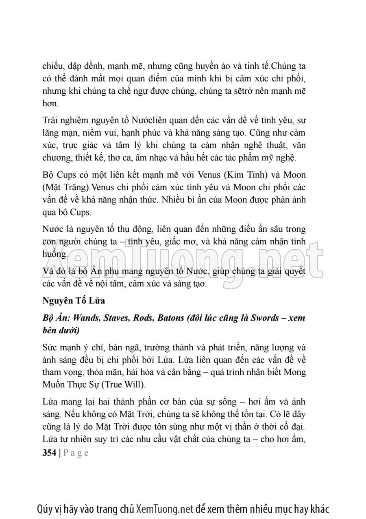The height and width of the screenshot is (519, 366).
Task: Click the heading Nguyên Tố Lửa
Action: [74, 301]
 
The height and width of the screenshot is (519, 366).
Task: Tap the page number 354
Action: [50, 453]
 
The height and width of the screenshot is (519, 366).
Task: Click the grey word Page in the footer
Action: [76, 453]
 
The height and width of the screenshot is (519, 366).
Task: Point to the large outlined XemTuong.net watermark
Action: [183, 257]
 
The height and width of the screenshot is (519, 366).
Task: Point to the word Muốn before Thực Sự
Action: [52, 385]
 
